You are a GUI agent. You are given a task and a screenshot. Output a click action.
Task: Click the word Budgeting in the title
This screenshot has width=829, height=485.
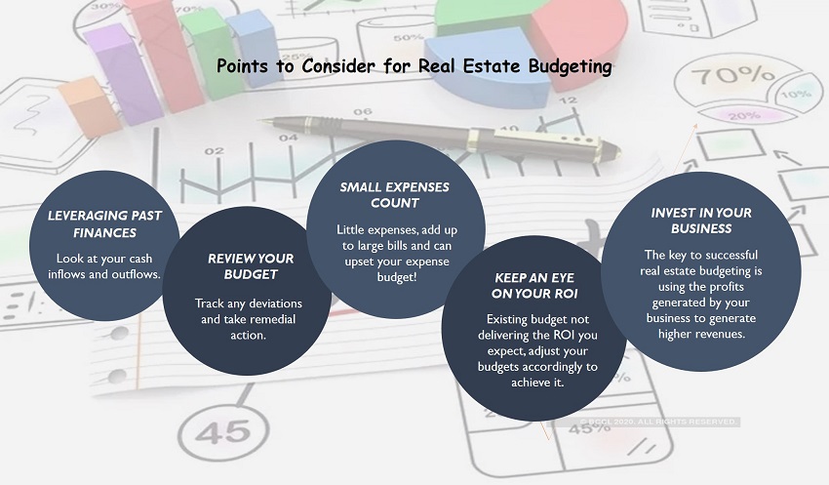(x=570, y=67)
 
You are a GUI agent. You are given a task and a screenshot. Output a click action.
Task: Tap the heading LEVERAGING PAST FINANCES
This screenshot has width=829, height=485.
(x=104, y=223)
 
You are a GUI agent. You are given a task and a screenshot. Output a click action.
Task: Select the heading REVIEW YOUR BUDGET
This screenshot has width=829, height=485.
(x=251, y=266)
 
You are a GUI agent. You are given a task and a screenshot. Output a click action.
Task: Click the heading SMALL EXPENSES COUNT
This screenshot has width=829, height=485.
(x=394, y=194)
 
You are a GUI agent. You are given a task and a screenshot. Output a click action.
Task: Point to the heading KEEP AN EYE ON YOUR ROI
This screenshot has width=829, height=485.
(x=534, y=286)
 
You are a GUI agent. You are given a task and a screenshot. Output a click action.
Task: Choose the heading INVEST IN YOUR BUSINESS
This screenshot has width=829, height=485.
(x=701, y=221)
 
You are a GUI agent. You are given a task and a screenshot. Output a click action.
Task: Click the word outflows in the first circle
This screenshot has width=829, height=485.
(x=137, y=274)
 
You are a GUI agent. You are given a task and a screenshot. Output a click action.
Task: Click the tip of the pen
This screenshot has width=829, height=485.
(x=259, y=121)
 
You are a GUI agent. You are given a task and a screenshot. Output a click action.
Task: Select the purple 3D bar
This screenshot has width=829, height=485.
(x=123, y=73)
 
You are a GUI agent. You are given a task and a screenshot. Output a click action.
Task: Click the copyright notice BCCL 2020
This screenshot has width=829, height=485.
(x=657, y=423)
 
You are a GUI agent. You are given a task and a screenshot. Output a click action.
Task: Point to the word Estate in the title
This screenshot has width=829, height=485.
(x=493, y=66)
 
